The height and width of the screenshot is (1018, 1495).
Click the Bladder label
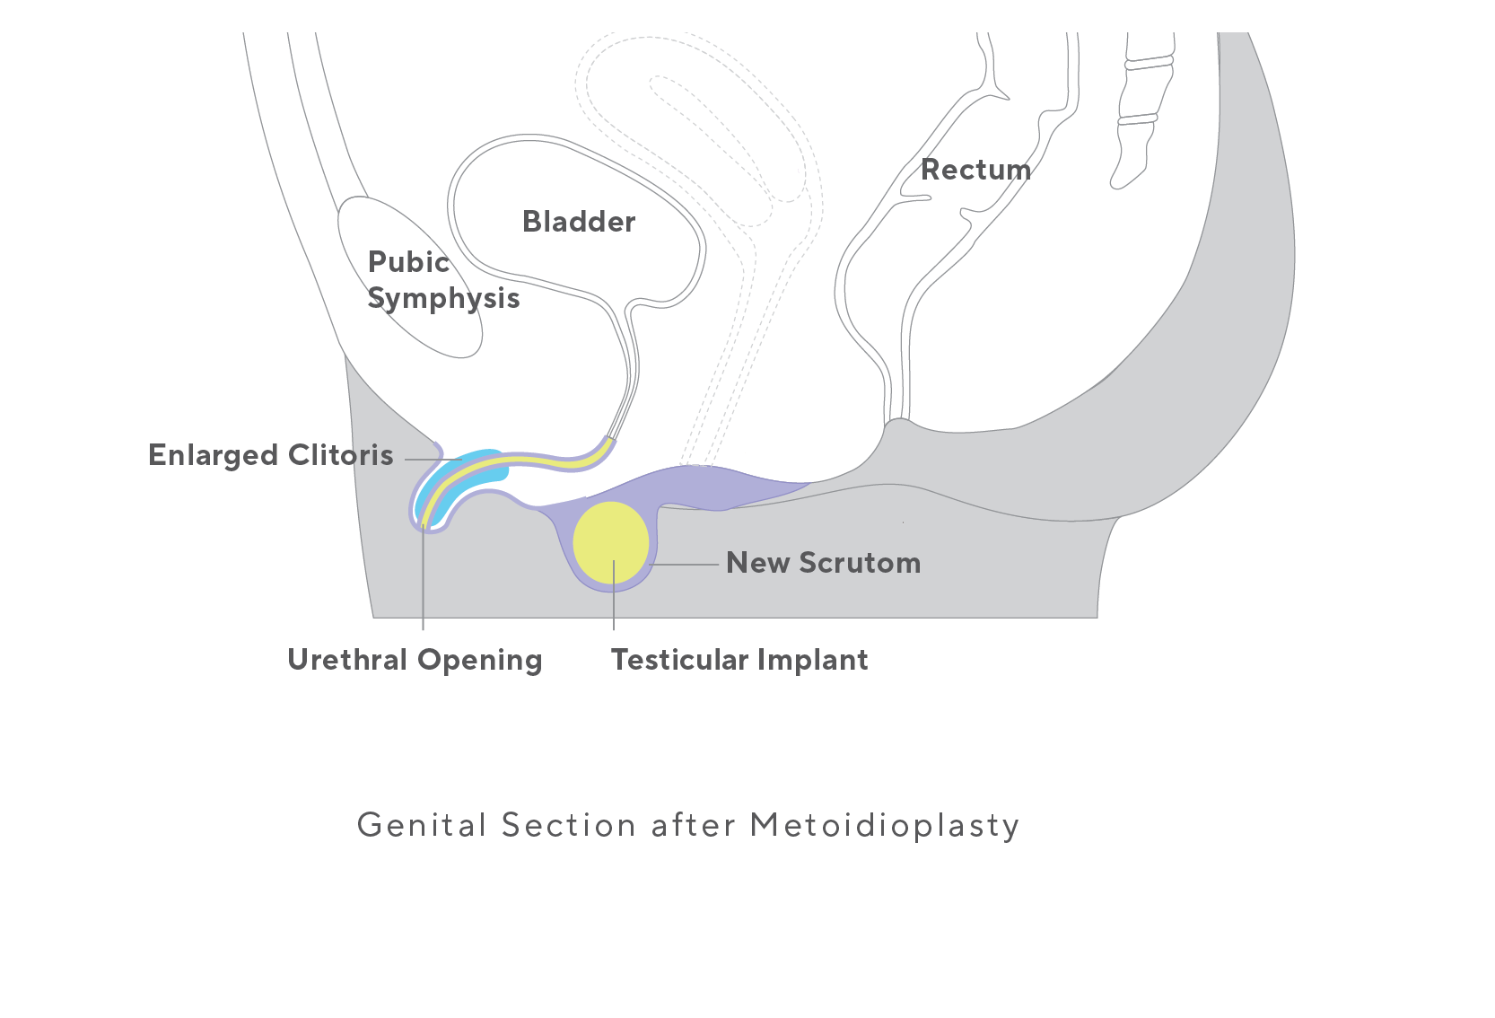(579, 222)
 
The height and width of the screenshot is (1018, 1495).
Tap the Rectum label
(975, 170)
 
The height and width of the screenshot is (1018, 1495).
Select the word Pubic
(408, 262)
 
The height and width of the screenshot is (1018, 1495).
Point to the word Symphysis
(443, 298)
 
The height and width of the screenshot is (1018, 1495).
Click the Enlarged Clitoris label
(270, 455)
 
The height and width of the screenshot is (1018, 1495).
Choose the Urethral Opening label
(415, 660)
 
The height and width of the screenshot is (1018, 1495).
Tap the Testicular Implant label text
(739, 660)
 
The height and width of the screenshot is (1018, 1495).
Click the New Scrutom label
(823, 563)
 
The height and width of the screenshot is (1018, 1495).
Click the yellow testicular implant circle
(610, 542)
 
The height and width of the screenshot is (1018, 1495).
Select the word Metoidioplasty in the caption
(885, 825)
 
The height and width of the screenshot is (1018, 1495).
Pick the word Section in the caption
(569, 825)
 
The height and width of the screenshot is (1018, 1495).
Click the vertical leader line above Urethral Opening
(423, 584)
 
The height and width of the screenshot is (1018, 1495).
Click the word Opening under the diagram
(479, 661)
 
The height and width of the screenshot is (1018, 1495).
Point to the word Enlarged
(214, 455)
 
